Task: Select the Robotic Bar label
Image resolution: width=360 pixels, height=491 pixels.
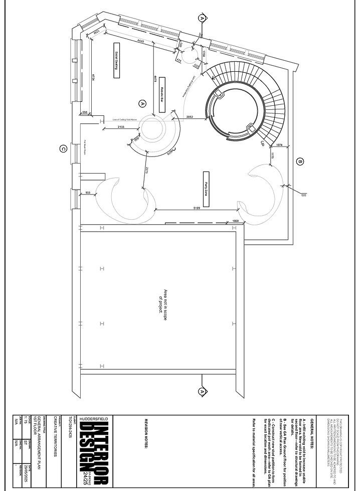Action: (x=162, y=93)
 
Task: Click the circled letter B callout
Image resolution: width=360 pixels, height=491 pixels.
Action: (x=300, y=162)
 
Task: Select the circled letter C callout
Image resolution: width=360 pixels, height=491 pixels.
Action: (x=63, y=148)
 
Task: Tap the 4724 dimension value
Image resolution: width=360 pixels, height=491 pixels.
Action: (x=93, y=79)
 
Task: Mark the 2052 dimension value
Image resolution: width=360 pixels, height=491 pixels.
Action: (x=190, y=116)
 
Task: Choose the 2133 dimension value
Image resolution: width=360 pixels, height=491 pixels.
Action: (x=121, y=127)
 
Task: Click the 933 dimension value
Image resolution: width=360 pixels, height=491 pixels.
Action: (x=87, y=193)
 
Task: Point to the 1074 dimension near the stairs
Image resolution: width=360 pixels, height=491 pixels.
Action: (x=279, y=145)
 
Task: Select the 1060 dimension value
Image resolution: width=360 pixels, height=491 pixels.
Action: (x=235, y=221)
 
